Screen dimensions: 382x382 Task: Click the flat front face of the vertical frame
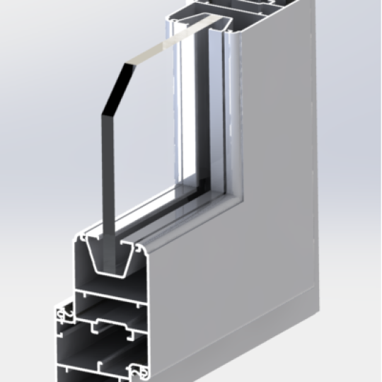[x=297, y=177]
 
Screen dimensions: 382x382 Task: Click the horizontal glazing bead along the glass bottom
[x=170, y=216]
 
